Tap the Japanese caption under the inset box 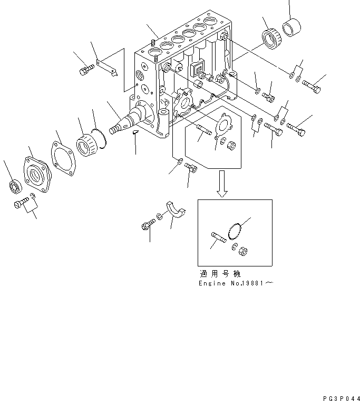220,274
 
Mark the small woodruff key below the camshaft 135,132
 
